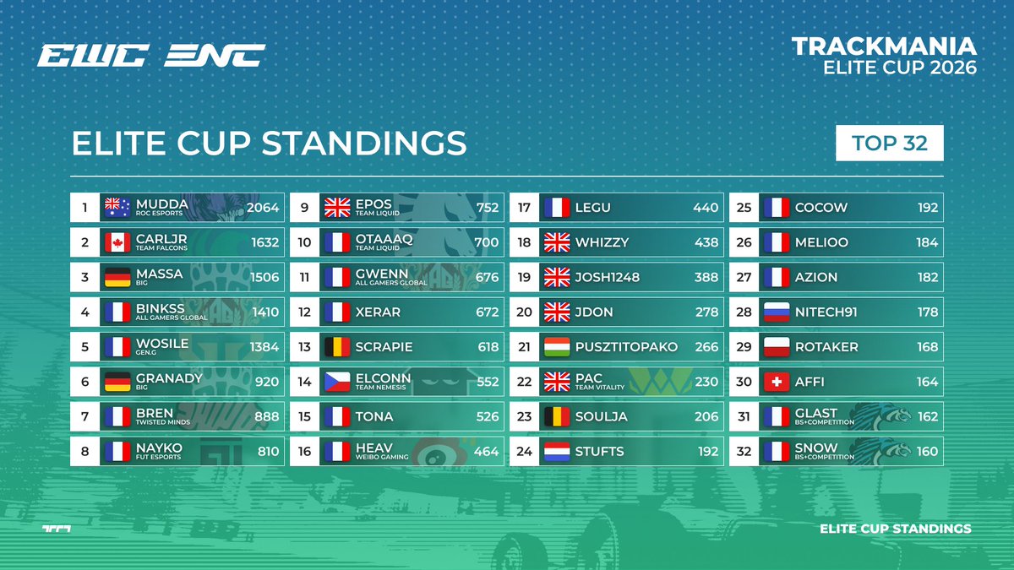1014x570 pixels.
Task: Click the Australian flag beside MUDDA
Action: point(116,207)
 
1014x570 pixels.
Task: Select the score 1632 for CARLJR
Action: point(264,242)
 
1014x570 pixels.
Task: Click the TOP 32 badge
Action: point(889,144)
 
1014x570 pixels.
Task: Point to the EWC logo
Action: point(93,56)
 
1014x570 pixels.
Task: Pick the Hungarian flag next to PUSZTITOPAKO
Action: point(557,347)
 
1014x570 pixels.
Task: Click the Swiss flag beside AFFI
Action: point(776,382)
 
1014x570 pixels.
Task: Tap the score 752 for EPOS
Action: point(487,208)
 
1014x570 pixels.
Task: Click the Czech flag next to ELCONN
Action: point(336,382)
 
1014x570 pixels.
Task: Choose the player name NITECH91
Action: point(826,312)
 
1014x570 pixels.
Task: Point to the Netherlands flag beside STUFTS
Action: point(557,451)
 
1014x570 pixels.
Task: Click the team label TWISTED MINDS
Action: point(162,422)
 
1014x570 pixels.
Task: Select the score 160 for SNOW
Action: point(927,451)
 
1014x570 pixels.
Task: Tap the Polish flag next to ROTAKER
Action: point(776,347)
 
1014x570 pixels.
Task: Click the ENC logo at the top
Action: point(215,56)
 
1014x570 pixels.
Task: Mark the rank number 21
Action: point(524,347)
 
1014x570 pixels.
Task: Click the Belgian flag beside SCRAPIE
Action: point(336,347)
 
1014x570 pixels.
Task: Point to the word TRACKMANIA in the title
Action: point(884,46)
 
